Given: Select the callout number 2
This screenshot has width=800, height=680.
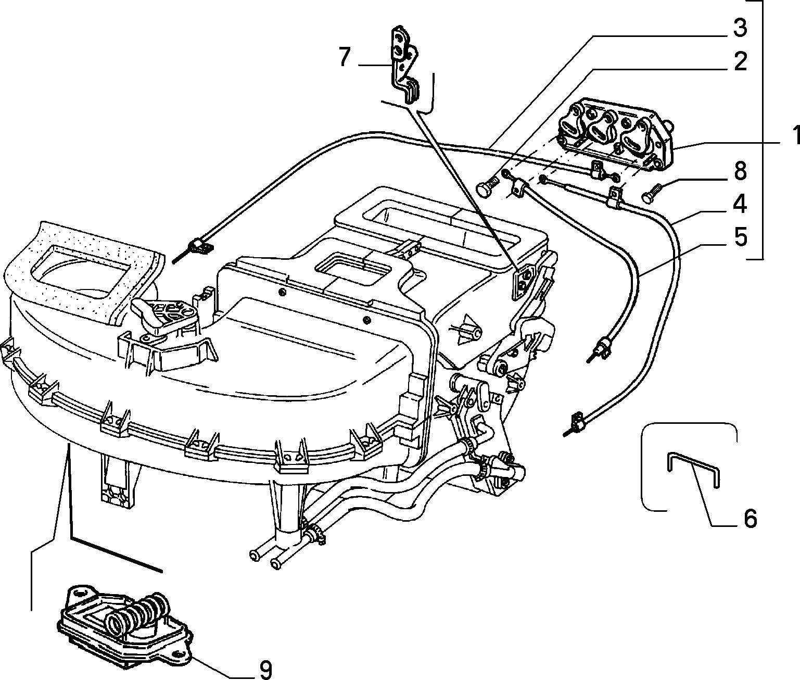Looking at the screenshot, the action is coord(740,61).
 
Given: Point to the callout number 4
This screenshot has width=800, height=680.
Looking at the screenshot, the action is coord(740,204).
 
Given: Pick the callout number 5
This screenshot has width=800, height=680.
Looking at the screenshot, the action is coord(740,237).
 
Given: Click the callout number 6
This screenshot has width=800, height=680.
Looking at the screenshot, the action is coord(750,519).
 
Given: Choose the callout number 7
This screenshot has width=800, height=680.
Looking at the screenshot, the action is coord(345,57).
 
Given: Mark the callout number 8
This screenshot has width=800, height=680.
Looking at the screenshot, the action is coord(740,171).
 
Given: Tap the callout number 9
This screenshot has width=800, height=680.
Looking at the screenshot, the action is coord(265,669).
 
